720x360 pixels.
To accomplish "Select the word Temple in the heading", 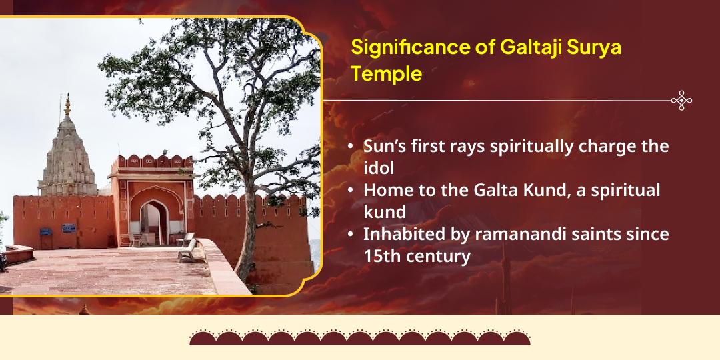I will click(x=387, y=74).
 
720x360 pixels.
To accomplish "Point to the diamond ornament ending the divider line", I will click(x=681, y=101).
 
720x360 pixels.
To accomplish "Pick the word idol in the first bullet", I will click(x=379, y=167).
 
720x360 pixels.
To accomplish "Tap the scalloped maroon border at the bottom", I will click(x=360, y=337).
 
